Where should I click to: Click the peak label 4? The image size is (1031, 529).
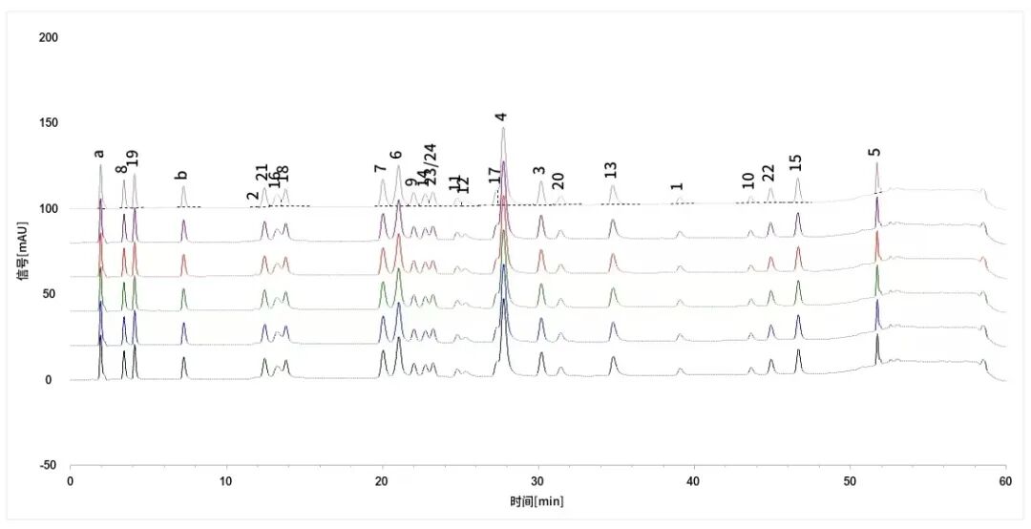[500, 116]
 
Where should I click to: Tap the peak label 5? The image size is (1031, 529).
[874, 152]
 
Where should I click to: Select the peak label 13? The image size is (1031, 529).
[611, 170]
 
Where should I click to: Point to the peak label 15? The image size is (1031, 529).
[796, 162]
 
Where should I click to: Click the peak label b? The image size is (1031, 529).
[181, 175]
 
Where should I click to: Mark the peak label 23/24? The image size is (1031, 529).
[431, 164]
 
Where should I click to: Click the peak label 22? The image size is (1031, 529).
[768, 173]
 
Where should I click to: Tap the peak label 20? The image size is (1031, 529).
[558, 181]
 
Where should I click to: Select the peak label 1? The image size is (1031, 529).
[677, 187]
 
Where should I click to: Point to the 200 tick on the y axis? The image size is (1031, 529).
[49, 37]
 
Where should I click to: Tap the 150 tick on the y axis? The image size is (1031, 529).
[49, 123]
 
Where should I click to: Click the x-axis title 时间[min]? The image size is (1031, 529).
[538, 500]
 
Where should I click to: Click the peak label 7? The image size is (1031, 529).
[381, 169]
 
